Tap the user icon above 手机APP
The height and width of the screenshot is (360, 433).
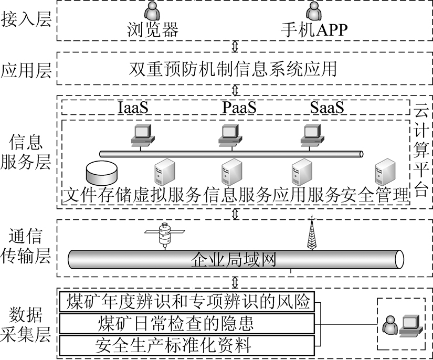click(x=314, y=11)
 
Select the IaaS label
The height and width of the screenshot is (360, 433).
click(x=133, y=108)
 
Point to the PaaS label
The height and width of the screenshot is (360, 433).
click(x=239, y=108)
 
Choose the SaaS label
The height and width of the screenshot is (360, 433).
click(x=327, y=108)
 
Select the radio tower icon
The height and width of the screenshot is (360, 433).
click(x=312, y=232)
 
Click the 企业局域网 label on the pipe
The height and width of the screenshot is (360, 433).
click(x=234, y=260)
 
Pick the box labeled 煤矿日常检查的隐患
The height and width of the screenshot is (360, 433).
click(x=187, y=324)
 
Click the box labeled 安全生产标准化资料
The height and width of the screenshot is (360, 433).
click(x=187, y=345)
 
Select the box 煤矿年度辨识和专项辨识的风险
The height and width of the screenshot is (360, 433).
click(x=187, y=302)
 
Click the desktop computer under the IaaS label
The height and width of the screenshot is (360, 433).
click(x=142, y=135)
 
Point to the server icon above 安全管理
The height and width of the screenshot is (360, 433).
click(x=385, y=172)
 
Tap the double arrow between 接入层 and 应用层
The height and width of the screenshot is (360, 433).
click(x=235, y=46)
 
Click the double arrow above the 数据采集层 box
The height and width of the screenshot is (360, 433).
click(x=235, y=282)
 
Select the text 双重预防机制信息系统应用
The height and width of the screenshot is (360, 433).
click(x=233, y=69)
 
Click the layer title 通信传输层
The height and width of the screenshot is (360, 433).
click(x=26, y=246)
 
